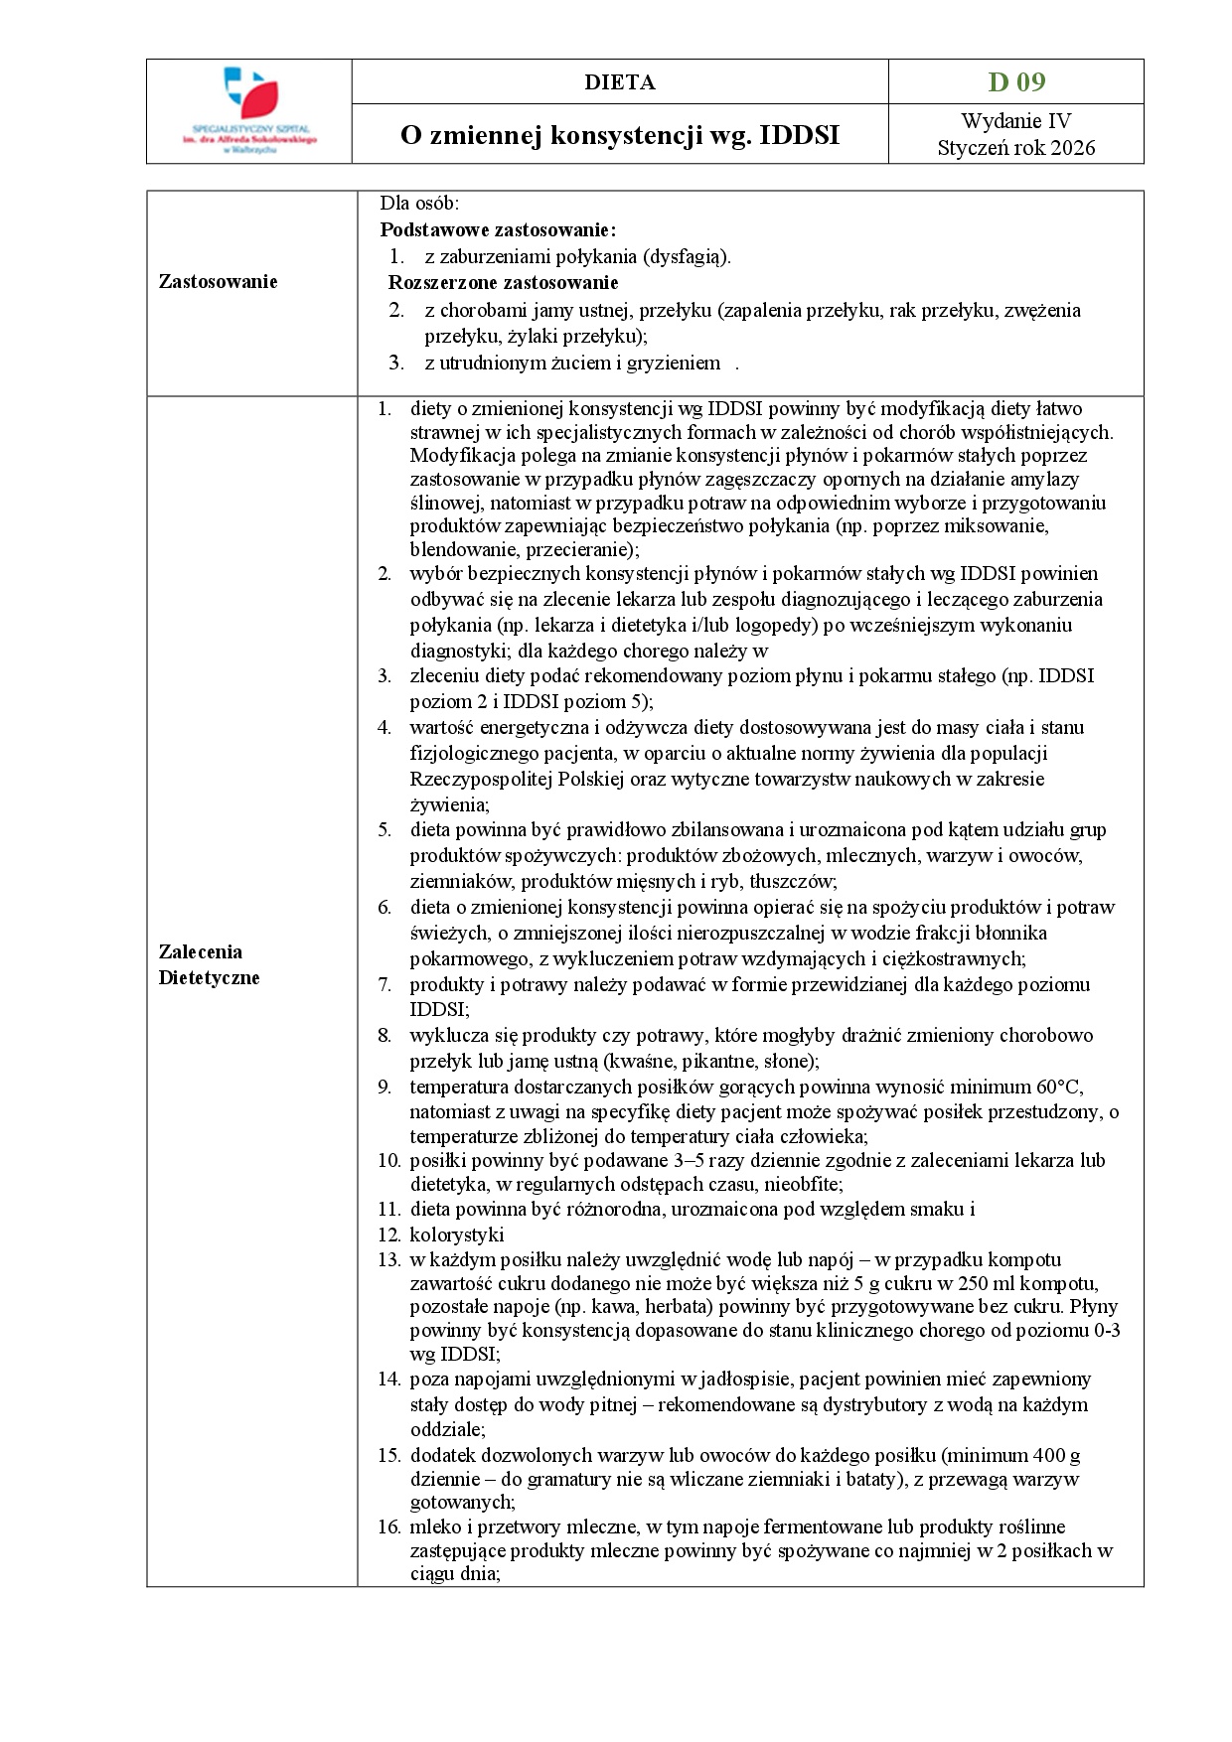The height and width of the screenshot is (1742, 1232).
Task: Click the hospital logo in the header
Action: (249, 109)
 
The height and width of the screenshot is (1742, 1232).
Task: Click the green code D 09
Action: (1015, 81)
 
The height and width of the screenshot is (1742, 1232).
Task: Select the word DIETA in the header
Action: (619, 82)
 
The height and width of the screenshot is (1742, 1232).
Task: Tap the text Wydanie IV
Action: (1015, 121)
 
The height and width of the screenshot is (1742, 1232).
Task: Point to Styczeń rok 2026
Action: (1015, 148)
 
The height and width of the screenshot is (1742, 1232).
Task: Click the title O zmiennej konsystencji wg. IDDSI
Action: (619, 135)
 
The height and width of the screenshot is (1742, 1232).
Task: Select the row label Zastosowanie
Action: (218, 282)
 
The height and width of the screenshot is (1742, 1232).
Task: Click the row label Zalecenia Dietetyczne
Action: (209, 964)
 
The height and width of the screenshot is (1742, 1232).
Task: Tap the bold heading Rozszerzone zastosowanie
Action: (503, 283)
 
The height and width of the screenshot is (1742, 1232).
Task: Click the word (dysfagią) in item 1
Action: (687, 257)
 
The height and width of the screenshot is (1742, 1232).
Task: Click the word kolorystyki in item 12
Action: (456, 1235)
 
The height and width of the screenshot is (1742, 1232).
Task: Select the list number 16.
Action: (387, 1526)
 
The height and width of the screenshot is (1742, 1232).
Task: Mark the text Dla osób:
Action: (419, 204)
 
